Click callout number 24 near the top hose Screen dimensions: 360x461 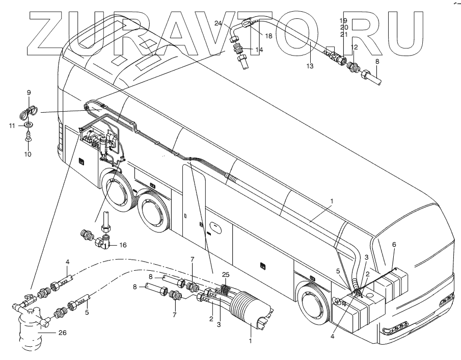pos(218,24)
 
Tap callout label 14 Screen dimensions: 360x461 pos(259,49)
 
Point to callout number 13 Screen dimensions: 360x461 pos(310,66)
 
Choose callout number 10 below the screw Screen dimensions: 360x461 pos(29,153)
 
